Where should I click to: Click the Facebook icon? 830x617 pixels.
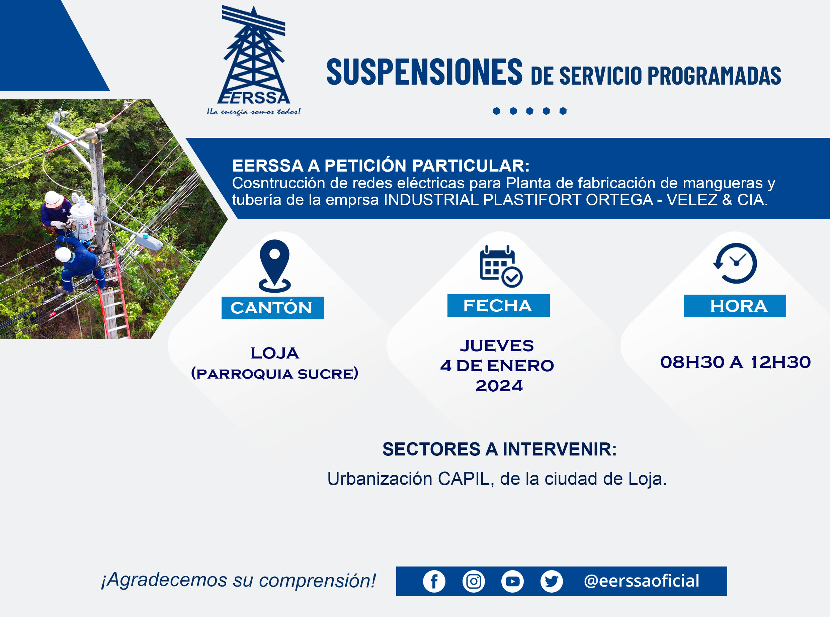[x=434, y=582]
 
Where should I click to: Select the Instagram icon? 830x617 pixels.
[x=474, y=582]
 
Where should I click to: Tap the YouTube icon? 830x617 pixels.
[x=512, y=582]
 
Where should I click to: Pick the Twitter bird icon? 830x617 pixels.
[x=552, y=582]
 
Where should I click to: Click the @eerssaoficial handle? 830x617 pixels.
[x=641, y=581]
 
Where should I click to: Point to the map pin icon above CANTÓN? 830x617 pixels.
[x=275, y=266]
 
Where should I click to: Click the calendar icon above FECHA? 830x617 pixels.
[x=501, y=266]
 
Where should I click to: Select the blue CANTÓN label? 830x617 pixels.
[x=272, y=308]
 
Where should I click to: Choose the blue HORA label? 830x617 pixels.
[x=735, y=306]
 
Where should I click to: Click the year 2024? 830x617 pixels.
[x=499, y=386]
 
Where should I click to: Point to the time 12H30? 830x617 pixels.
[x=780, y=362]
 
